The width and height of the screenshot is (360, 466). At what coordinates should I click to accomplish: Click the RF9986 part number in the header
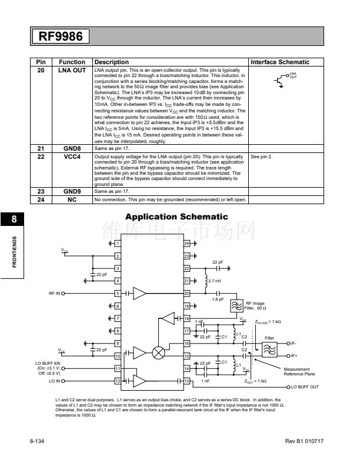click(61, 36)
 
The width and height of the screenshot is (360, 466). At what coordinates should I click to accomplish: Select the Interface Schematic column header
click(279, 62)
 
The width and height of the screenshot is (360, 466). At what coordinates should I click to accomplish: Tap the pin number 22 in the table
click(41, 158)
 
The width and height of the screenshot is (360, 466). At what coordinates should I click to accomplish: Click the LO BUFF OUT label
click(303, 387)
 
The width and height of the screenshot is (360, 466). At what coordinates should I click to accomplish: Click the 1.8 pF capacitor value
click(217, 299)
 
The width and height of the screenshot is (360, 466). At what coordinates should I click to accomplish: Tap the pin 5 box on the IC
click(118, 292)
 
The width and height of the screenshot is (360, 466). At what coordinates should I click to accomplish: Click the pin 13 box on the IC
click(187, 381)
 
